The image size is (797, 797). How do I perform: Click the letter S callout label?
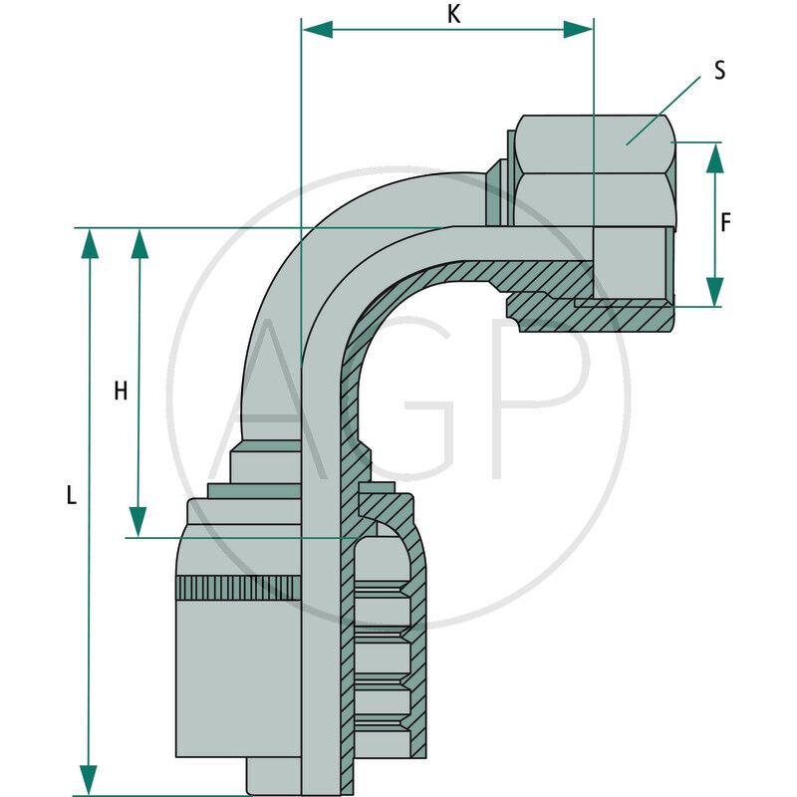[x=719, y=71]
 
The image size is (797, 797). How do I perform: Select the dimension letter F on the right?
[x=726, y=223]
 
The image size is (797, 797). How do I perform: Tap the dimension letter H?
[x=121, y=392]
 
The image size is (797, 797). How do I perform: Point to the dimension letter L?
[x=71, y=495]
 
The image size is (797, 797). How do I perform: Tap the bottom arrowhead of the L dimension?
[x=90, y=779]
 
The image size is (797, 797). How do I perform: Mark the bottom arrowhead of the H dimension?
[x=138, y=521]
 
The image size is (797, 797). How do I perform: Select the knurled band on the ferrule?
[x=237, y=588]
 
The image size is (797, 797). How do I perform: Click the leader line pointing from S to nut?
[x=663, y=112]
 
